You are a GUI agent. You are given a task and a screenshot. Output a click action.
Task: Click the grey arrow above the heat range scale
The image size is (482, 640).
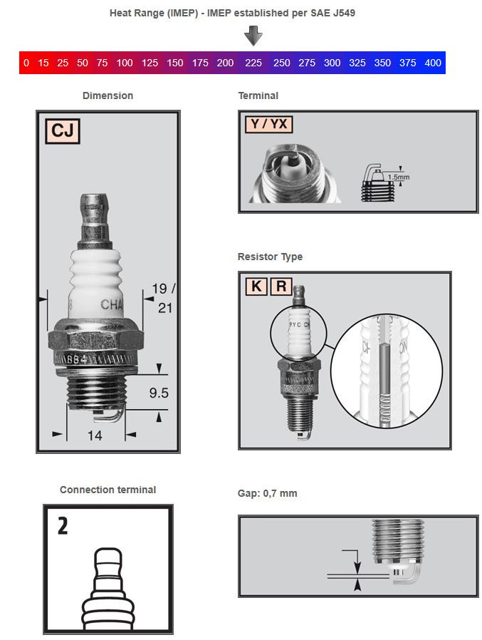point(253,36)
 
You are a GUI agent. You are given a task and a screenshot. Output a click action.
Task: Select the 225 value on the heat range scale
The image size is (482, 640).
point(253,63)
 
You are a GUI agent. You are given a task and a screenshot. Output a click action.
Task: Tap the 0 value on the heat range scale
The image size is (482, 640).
point(26,63)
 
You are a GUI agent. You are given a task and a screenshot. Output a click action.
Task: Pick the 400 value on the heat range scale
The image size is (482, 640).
point(432,63)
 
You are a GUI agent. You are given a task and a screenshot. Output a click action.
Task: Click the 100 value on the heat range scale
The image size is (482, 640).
point(125,63)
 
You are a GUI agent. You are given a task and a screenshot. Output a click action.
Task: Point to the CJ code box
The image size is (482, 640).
point(63,132)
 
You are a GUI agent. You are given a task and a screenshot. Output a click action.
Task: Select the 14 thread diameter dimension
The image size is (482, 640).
point(95,434)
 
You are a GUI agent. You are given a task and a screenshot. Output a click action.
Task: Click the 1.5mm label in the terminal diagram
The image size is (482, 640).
point(399,176)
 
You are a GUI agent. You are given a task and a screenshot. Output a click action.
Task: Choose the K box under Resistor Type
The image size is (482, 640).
point(256,287)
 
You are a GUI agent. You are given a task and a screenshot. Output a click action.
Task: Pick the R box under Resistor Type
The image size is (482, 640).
point(281,287)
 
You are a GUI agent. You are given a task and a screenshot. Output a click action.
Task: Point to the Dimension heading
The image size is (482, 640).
point(108,96)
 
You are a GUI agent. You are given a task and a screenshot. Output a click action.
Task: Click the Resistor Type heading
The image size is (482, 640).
point(270,257)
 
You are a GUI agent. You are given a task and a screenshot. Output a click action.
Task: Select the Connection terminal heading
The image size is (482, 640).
point(108,490)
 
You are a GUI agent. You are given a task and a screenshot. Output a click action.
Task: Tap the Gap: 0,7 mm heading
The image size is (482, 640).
point(267,493)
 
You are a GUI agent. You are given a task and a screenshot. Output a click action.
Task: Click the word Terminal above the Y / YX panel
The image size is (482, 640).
point(258,96)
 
